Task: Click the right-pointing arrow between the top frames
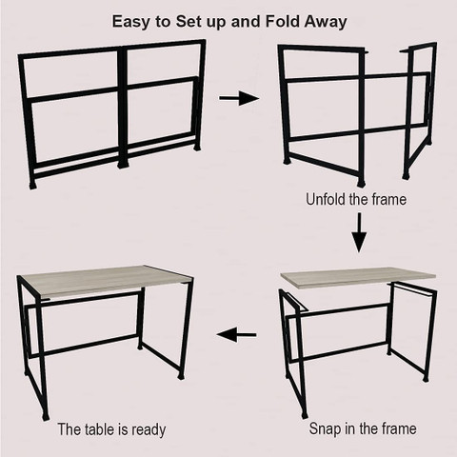pos(239,98)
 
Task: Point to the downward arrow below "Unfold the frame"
pos(359,232)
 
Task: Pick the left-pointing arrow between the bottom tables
pos(236,334)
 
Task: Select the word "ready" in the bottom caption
pos(149,430)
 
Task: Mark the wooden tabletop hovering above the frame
pos(359,277)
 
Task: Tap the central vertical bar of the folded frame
pos(122,107)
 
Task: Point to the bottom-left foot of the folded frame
pos(32,185)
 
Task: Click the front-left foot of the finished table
pos(45,415)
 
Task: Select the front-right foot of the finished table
pos(181,376)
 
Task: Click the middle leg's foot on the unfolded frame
pos(361,183)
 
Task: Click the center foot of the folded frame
pos(122,165)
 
